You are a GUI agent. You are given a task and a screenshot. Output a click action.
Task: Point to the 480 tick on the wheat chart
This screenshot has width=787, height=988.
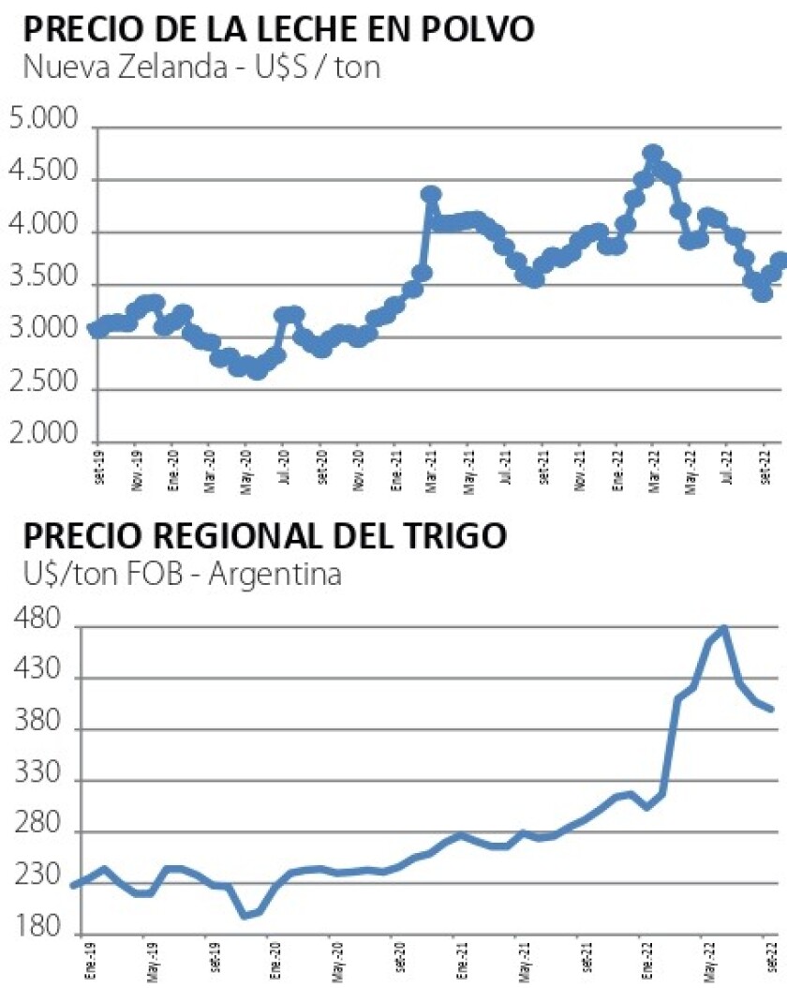point(40,621)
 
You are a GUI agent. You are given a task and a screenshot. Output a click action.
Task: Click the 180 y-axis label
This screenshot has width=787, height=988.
point(40,929)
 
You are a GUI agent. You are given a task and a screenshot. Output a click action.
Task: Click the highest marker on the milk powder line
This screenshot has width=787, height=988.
point(653,154)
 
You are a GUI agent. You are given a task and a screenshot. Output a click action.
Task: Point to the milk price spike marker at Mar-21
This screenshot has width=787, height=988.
point(431,195)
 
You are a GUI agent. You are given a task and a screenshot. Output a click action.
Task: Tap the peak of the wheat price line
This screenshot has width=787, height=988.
point(723,628)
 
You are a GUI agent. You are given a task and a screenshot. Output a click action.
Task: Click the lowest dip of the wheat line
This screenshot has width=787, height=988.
point(245,915)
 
